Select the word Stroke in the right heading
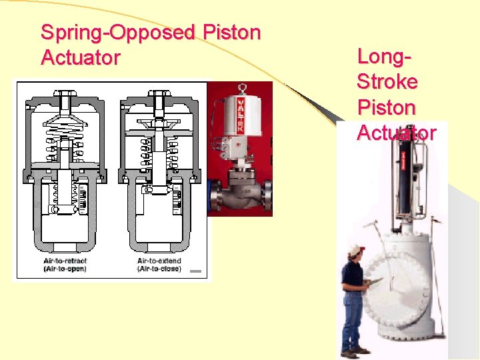tap(387, 82)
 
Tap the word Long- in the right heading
tap(384, 57)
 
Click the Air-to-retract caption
tap(65, 261)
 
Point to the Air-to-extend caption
tap(159, 261)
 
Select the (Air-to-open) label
tap(65, 269)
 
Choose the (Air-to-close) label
tap(159, 269)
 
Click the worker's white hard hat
tap(355, 251)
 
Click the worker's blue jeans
tap(353, 320)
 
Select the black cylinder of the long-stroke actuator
tap(404, 180)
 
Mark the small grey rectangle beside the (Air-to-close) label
tap(195, 271)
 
